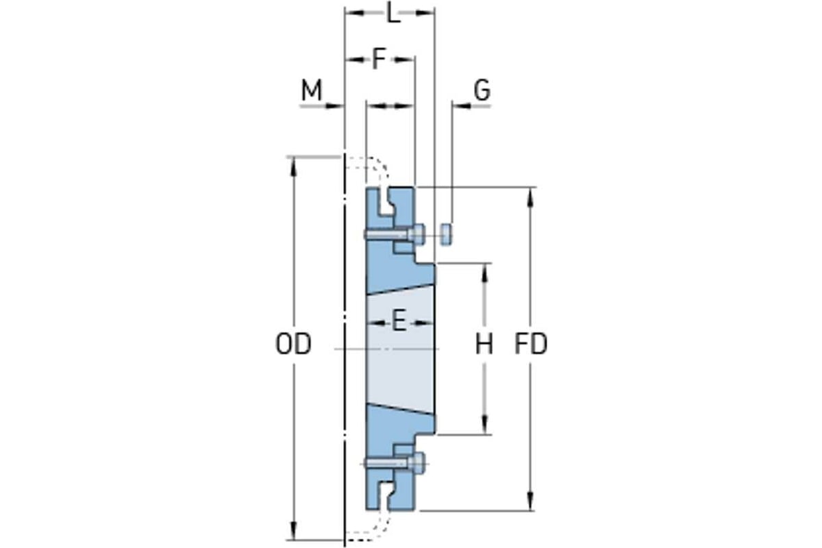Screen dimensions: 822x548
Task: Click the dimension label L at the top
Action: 393,14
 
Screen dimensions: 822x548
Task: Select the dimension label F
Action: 379,59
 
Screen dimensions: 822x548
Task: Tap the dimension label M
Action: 311,90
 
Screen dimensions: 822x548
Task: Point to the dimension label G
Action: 482,90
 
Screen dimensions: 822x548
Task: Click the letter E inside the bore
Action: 399,321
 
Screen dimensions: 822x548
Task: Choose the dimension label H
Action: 484,345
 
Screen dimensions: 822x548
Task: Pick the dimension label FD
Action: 531,345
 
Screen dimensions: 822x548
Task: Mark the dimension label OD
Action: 293,345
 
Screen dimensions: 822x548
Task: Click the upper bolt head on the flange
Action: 417,234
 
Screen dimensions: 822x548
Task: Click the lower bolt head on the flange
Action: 417,463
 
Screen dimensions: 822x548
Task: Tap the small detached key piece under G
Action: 446,234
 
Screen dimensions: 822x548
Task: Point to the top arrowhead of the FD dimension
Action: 530,197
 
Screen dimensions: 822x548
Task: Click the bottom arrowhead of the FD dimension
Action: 530,500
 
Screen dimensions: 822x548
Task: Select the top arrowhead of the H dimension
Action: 484,274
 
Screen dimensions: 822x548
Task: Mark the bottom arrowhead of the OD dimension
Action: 293,530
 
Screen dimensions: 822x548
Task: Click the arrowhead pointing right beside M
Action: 334,106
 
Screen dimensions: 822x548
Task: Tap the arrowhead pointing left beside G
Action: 461,106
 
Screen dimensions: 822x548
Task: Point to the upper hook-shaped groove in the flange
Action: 386,203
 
